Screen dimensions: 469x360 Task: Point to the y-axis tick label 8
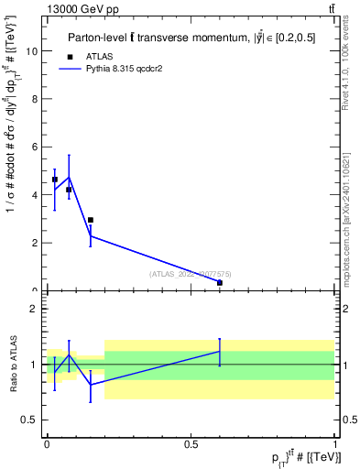(x=33, y=99)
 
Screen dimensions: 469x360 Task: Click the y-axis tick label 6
(x=33, y=147)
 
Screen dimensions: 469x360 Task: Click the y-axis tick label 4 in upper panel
(x=33, y=195)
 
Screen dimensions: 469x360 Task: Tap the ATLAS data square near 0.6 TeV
(x=220, y=283)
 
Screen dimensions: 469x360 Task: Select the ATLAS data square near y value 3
(x=91, y=220)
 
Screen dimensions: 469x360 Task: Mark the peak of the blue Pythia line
(x=70, y=177)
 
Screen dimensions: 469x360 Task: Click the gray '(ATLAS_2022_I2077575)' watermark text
(x=191, y=273)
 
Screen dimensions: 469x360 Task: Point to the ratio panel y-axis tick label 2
(x=33, y=309)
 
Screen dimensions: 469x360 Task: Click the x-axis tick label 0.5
(x=191, y=443)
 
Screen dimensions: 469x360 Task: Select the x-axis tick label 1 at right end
(x=335, y=443)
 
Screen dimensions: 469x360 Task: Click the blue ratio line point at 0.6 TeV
(x=220, y=351)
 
